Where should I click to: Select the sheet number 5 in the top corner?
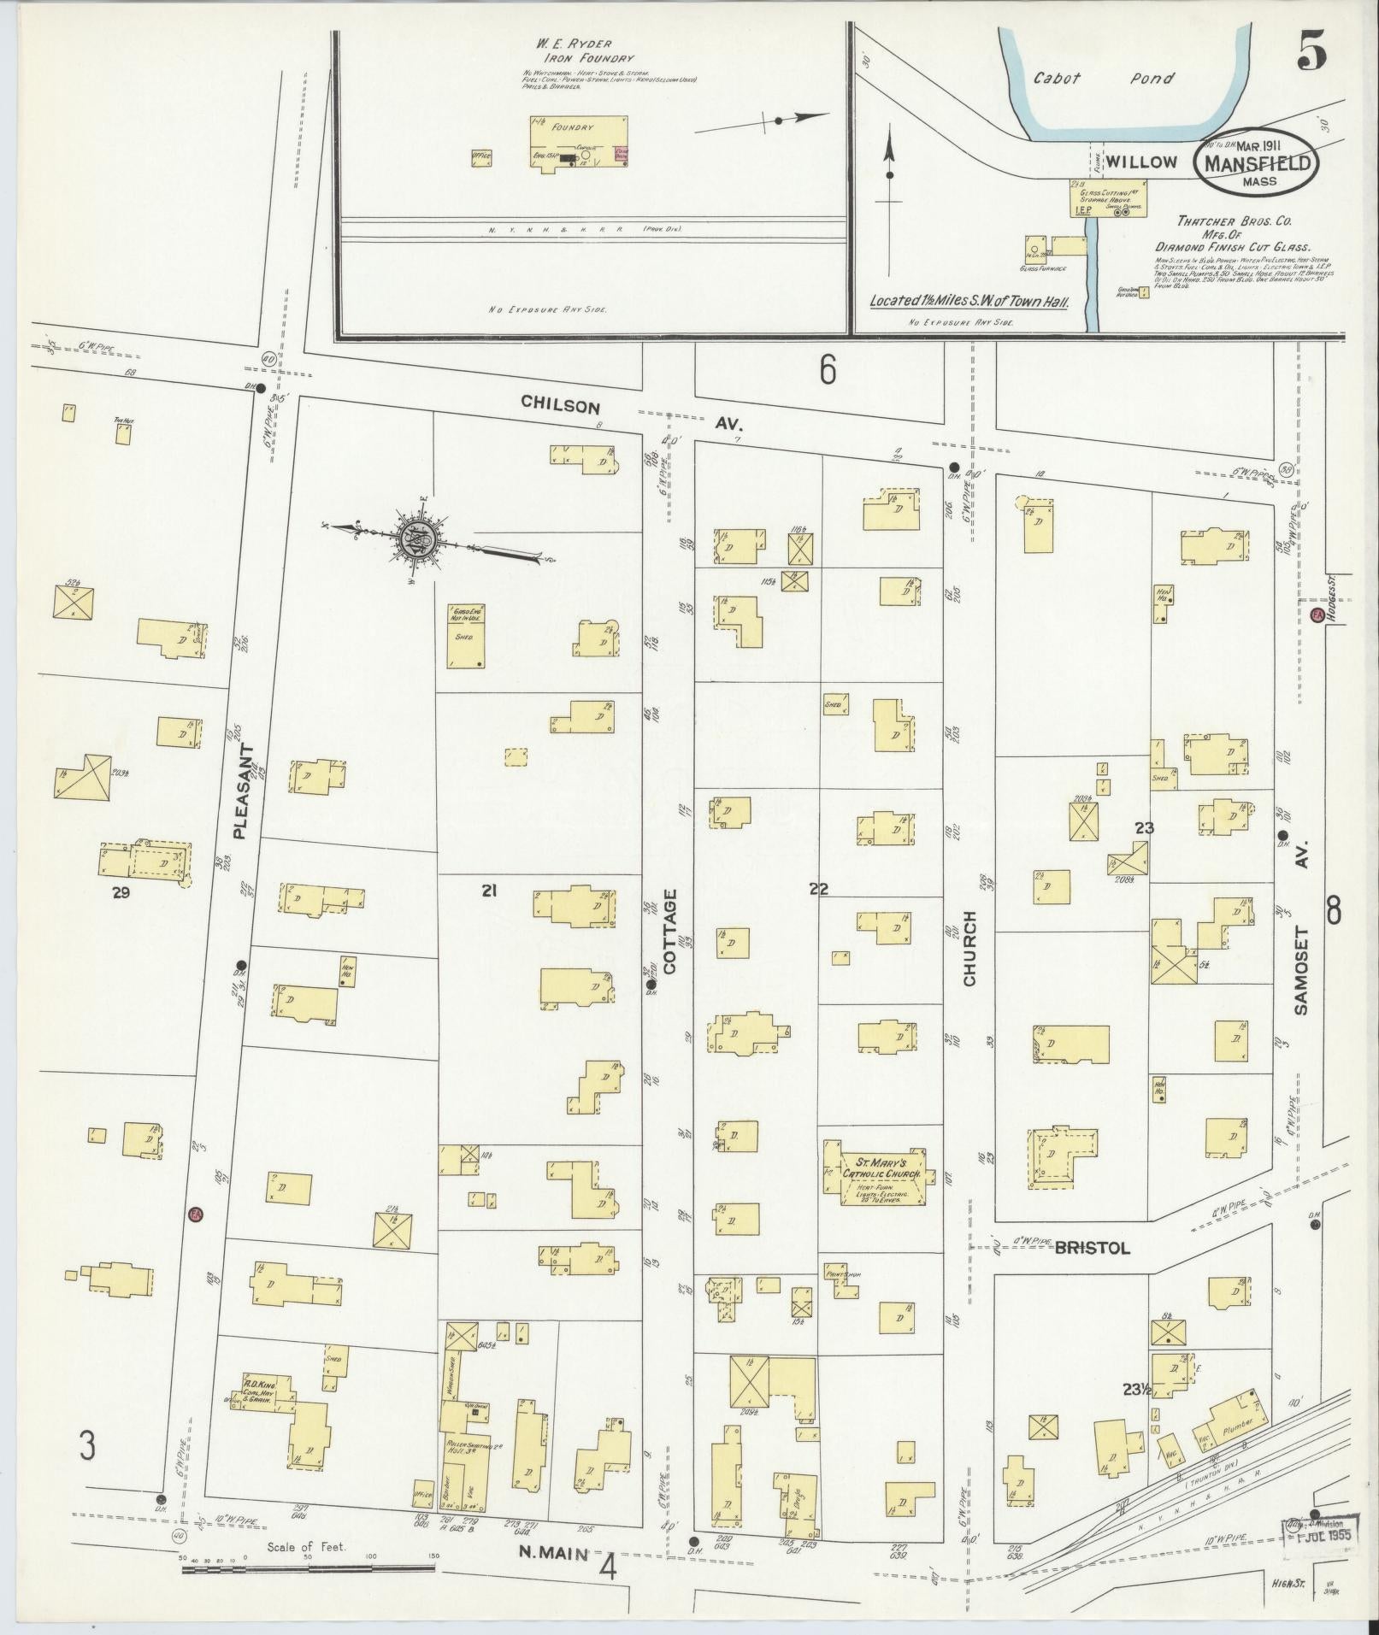click(1310, 55)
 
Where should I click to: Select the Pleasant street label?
click(243, 791)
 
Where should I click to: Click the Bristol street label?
click(1092, 1248)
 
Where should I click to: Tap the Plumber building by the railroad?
click(1231, 1424)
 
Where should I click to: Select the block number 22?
click(818, 890)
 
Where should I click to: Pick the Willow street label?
click(1140, 162)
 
